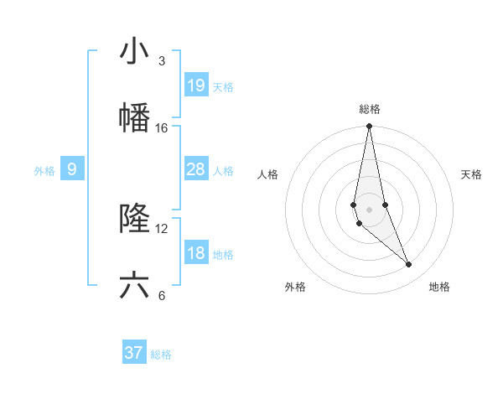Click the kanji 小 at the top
pyautogui.click(x=134, y=51)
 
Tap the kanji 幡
pyautogui.click(x=134, y=117)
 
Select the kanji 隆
pyautogui.click(x=134, y=218)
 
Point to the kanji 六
pyautogui.click(x=134, y=285)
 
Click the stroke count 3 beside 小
pyautogui.click(x=161, y=61)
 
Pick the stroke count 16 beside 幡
pyautogui.click(x=162, y=128)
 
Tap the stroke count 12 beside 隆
pyautogui.click(x=162, y=228)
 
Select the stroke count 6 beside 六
pyautogui.click(x=161, y=295)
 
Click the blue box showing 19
pyautogui.click(x=195, y=85)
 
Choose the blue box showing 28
pyautogui.click(x=195, y=169)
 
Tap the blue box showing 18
pyautogui.click(x=195, y=253)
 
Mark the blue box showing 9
pyautogui.click(x=72, y=169)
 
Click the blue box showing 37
pyautogui.click(x=134, y=353)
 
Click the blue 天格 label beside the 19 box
pyautogui.click(x=223, y=87)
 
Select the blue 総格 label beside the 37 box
pyautogui.click(x=161, y=355)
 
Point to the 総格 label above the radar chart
pyautogui.click(x=369, y=109)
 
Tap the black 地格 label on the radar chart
pyautogui.click(x=439, y=287)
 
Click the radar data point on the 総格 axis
pyautogui.click(x=369, y=127)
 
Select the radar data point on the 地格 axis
pyautogui.click(x=409, y=265)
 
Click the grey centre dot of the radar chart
pyautogui.click(x=369, y=209)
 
